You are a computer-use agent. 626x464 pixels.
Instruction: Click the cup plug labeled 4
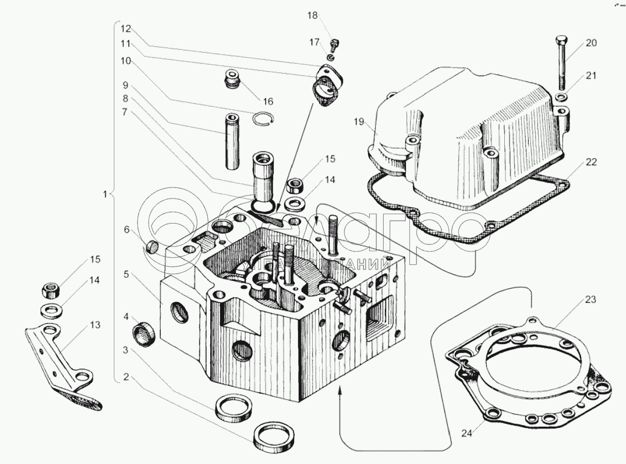pos(145,334)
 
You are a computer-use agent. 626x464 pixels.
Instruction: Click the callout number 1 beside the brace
pos(105,195)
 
